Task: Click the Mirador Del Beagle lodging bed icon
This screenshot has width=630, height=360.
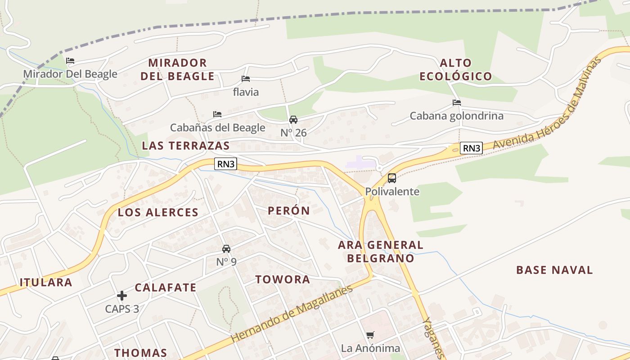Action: (70, 61)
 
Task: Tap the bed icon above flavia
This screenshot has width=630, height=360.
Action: (245, 79)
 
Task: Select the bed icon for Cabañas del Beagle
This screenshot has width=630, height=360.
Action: (217, 114)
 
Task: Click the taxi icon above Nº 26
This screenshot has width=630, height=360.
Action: (293, 120)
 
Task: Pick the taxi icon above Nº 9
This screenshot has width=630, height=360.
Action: (226, 249)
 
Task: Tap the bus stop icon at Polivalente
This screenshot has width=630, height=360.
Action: (392, 178)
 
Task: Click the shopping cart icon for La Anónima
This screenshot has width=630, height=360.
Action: (370, 335)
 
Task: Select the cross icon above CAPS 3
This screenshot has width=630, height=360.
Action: (122, 296)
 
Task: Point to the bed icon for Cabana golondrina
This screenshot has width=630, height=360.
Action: (457, 103)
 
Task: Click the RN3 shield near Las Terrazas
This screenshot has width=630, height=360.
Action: (226, 164)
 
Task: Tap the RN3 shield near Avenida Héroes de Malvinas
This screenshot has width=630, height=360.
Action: (471, 148)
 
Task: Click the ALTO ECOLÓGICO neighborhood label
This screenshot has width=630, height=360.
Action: (456, 70)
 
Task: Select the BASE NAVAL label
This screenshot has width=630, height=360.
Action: (554, 270)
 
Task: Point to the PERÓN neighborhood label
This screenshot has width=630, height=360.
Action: (289, 211)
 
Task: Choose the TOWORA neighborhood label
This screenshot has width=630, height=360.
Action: (283, 279)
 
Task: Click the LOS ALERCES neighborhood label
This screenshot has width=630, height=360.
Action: (158, 212)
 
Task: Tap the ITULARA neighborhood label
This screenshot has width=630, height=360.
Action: (46, 283)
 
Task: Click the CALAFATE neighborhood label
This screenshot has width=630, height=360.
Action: (166, 288)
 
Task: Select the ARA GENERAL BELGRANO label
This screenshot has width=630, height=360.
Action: (381, 252)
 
